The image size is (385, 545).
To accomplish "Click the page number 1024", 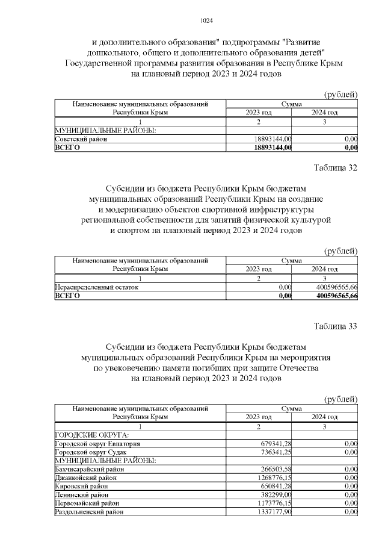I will coord(206,21).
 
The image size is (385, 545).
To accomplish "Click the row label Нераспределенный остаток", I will coord(96,288).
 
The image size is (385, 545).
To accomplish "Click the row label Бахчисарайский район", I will coord(90,469).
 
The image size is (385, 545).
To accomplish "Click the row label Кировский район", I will coord(82,486).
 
